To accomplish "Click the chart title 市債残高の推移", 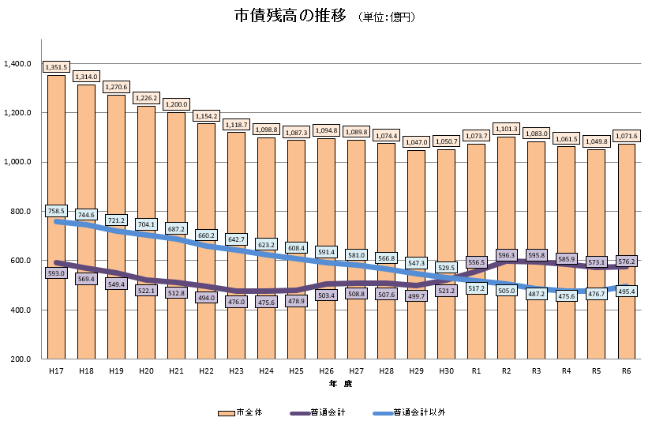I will coord(290,16).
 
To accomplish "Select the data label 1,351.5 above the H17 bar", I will coord(56,67).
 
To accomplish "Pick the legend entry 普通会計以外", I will coord(410,412).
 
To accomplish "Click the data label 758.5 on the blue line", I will coord(56,211).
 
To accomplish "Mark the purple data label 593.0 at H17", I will coord(56,274).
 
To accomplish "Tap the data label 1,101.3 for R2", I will coord(506,129).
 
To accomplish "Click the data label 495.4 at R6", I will coord(626,291).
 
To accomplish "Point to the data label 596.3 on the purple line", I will coord(506,255).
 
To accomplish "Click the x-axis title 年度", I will coord(341,383).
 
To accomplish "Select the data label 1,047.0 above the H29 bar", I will coord(416,142).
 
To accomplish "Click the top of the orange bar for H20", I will coord(146,107).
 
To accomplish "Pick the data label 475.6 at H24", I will coord(266,302).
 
